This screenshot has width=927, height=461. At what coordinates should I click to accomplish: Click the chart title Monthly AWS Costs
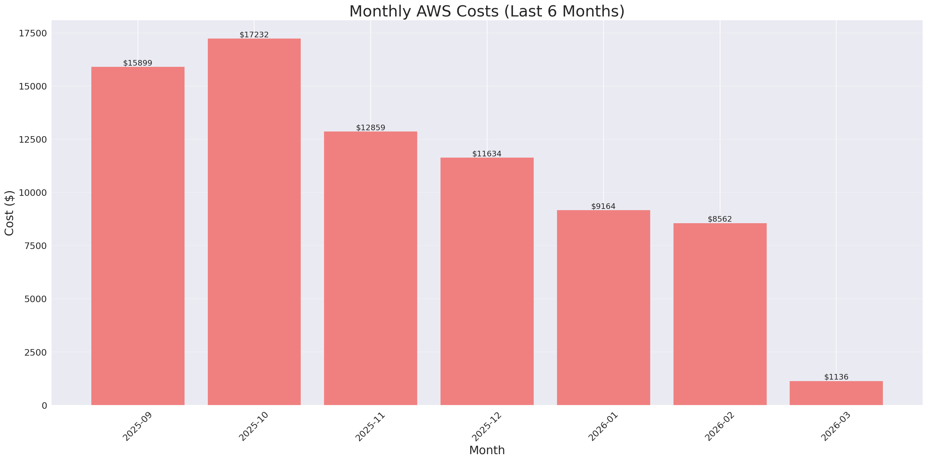point(486,12)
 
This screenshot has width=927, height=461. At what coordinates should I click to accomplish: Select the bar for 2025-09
point(138,236)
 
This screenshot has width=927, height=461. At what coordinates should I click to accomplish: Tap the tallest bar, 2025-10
point(254,222)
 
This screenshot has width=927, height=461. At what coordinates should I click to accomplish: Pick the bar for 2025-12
point(487,281)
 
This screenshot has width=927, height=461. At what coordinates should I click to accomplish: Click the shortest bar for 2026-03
point(836,393)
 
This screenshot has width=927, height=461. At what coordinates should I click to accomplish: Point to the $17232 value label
point(254,35)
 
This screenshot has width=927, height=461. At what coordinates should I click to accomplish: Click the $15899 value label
point(138,63)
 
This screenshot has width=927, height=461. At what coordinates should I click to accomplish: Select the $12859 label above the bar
point(370,128)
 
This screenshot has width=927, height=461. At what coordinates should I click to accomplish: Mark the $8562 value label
point(720,219)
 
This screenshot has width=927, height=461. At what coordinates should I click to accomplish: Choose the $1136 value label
point(836,377)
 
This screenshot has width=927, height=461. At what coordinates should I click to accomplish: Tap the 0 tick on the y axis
point(44,406)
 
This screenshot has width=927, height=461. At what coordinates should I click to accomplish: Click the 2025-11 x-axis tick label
point(370,427)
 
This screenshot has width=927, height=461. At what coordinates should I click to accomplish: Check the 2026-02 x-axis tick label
point(720,427)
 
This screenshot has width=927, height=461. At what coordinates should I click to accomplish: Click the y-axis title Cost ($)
point(9,213)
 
